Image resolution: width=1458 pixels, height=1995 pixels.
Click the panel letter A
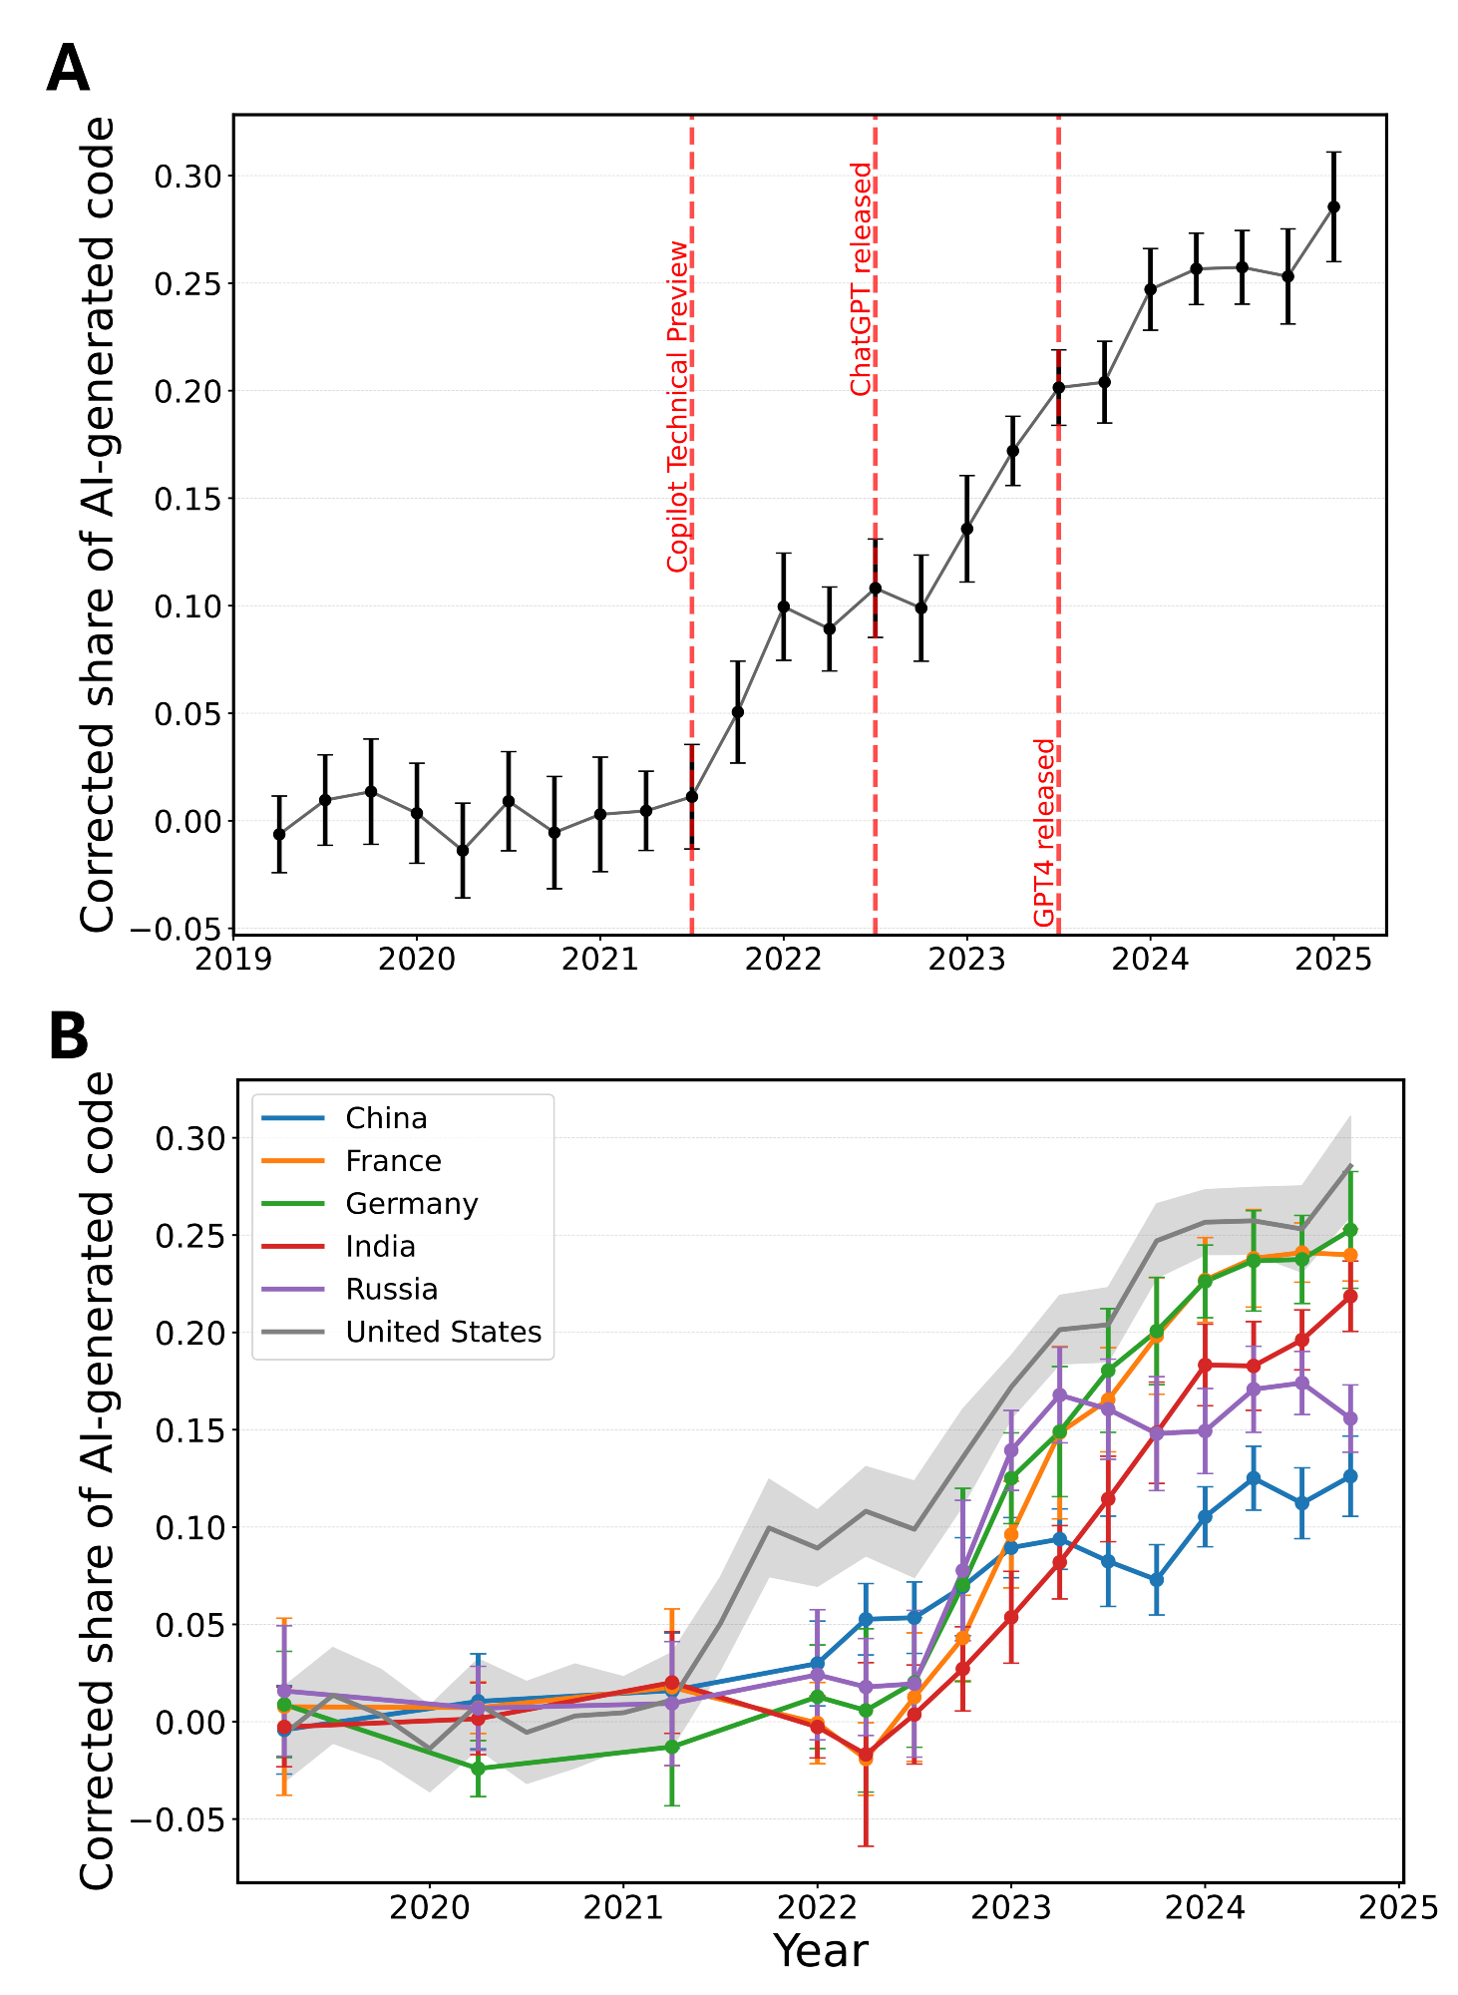click(x=68, y=70)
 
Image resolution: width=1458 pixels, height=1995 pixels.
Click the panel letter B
click(x=68, y=1037)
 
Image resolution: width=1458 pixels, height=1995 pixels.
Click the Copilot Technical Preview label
click(x=678, y=406)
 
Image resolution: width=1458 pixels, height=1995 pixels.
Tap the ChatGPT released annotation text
click(x=862, y=279)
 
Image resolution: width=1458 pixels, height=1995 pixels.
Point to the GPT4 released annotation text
click(x=1044, y=832)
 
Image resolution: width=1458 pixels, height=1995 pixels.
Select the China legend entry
click(x=386, y=1118)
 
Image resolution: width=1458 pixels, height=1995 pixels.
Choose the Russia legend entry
click(x=391, y=1290)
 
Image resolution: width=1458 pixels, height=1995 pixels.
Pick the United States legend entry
click(x=443, y=1333)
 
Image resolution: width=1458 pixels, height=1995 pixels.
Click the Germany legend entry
click(x=411, y=1204)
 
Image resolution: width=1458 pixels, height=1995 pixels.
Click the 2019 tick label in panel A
click(x=233, y=960)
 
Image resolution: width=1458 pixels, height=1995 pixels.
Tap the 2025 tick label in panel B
click(x=1399, y=1907)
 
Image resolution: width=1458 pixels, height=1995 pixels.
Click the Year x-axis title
click(x=820, y=1951)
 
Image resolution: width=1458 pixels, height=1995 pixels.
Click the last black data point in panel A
click(x=1333, y=206)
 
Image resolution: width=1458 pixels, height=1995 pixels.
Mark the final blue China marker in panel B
click(x=1350, y=1476)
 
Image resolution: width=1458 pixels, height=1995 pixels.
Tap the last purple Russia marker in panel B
click(x=1350, y=1417)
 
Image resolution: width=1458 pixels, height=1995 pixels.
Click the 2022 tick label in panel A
click(x=783, y=960)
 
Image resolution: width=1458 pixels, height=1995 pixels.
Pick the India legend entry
click(x=380, y=1247)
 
